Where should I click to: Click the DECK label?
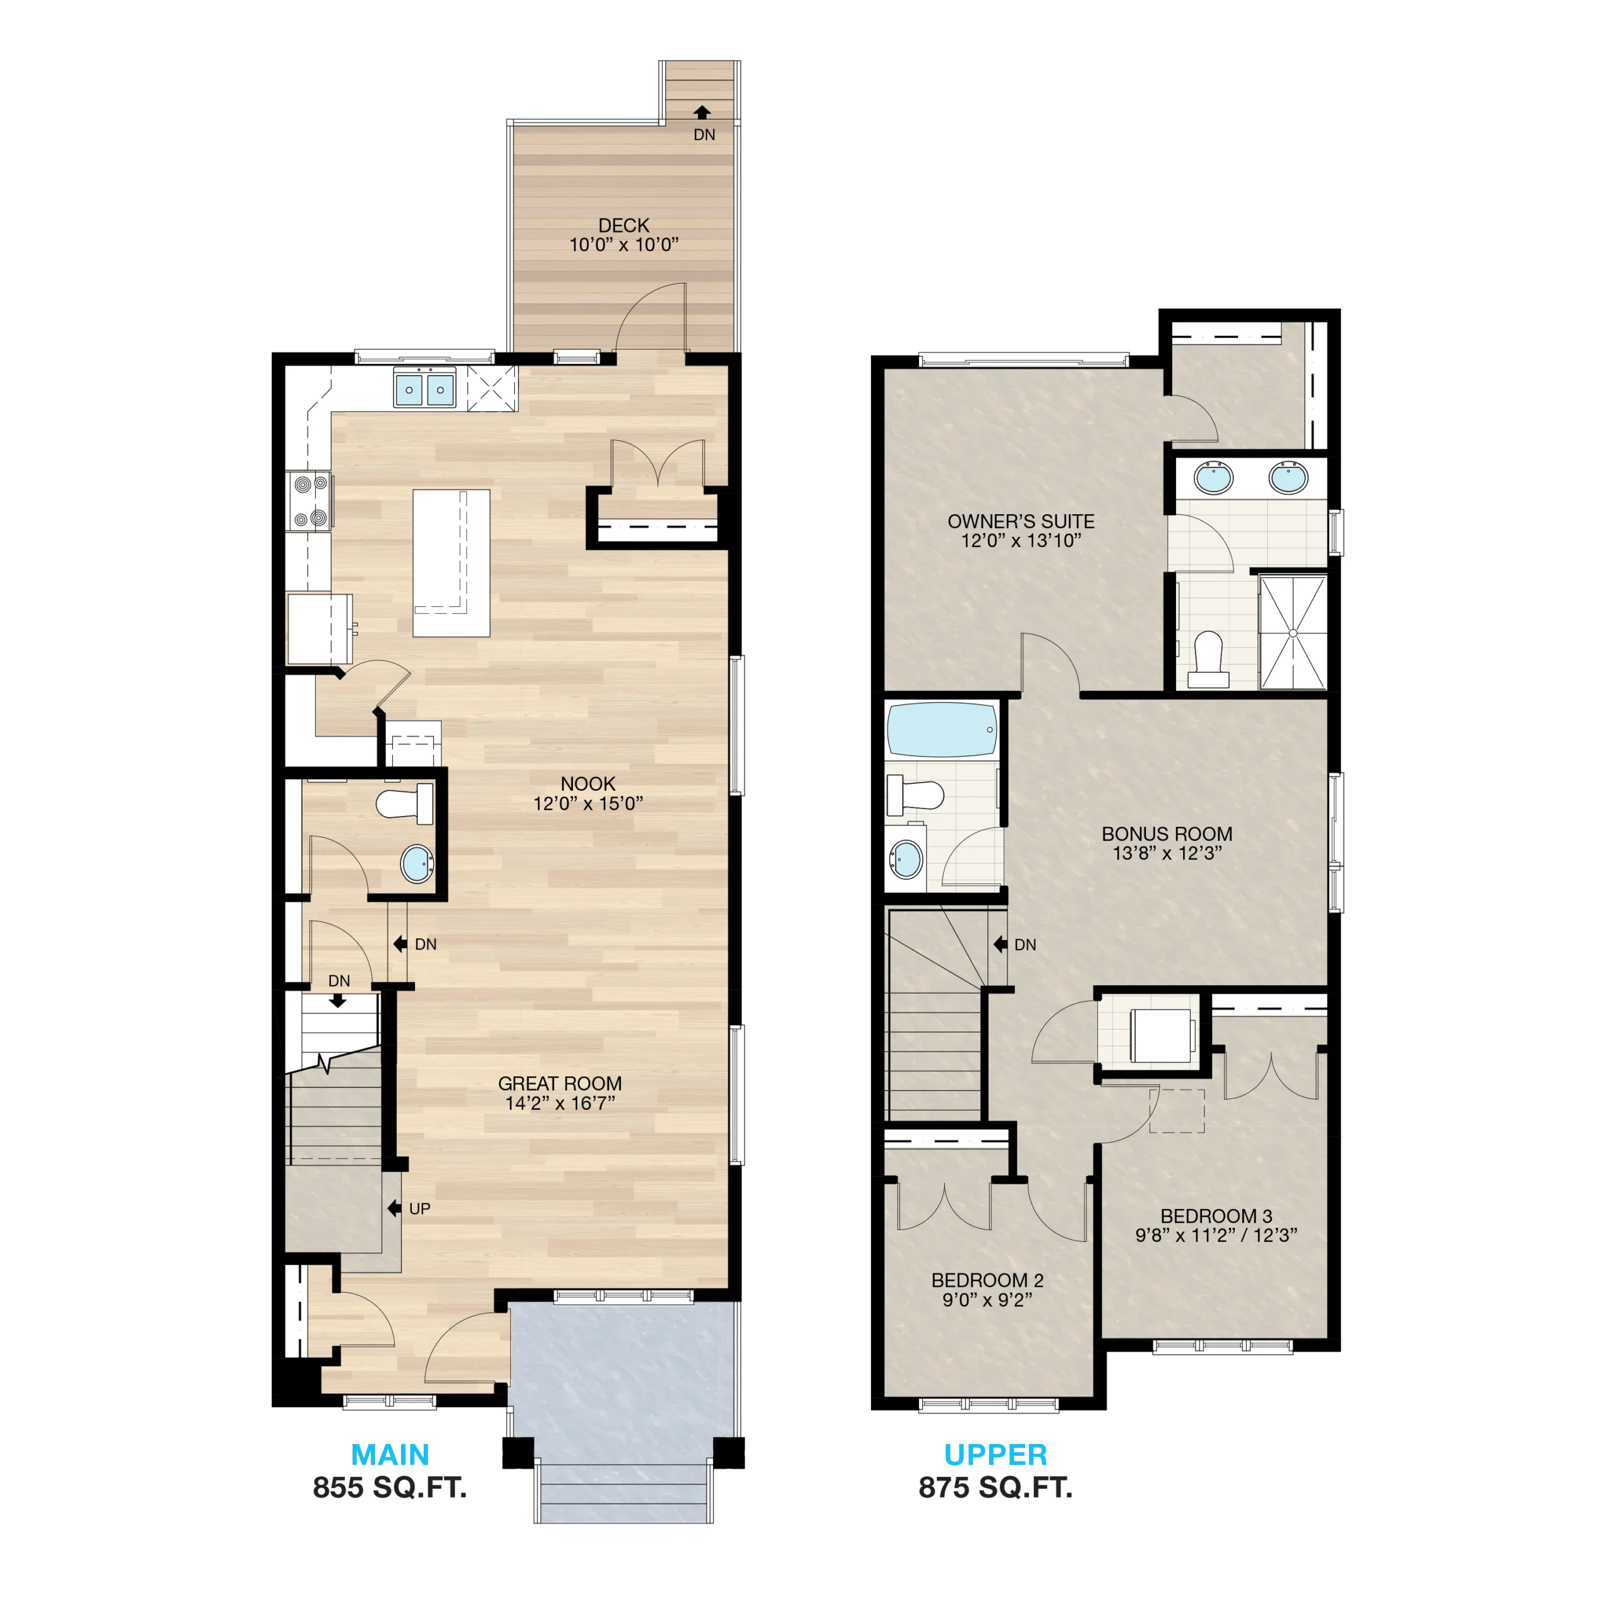(623, 225)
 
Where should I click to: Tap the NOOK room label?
(587, 783)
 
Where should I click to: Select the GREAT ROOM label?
(559, 1083)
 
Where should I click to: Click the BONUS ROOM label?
(1167, 834)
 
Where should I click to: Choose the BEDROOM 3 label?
(1216, 1215)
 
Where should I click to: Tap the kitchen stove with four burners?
(310, 502)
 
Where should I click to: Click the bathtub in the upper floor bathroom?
(942, 730)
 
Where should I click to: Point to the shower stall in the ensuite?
(1293, 633)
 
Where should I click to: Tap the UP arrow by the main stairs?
(394, 1208)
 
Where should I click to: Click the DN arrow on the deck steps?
(702, 112)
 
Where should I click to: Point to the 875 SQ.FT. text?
(995, 1488)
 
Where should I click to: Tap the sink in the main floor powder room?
(417, 863)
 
